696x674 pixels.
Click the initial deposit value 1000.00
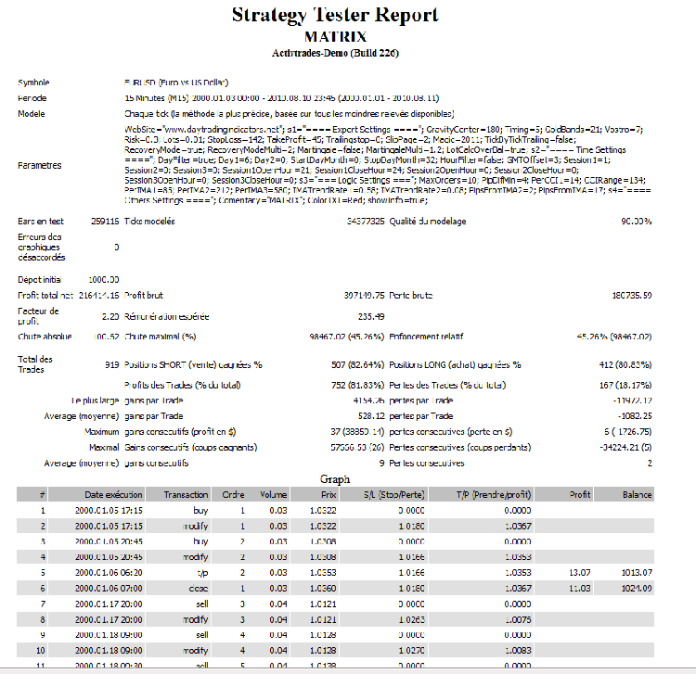(x=103, y=279)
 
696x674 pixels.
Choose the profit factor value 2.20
(x=109, y=316)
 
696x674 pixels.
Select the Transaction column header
(x=186, y=495)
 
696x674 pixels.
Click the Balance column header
(x=638, y=495)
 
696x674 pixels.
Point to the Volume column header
(x=274, y=495)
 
